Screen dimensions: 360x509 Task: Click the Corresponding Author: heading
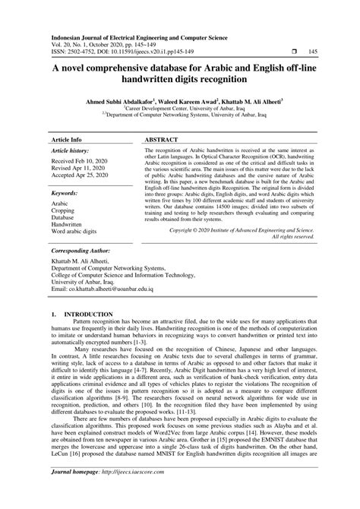[x=85, y=249]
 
